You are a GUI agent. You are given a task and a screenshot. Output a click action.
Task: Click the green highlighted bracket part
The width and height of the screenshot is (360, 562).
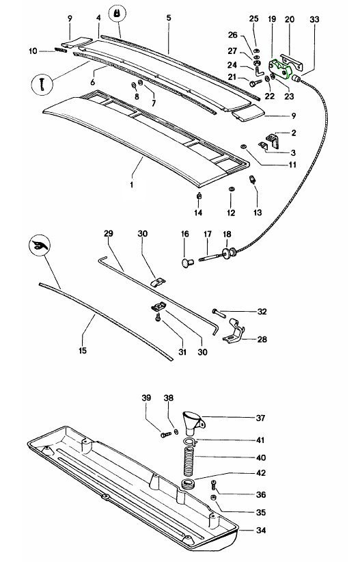tap(280, 68)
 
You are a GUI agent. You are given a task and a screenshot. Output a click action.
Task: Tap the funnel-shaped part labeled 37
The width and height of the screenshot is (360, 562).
tap(194, 423)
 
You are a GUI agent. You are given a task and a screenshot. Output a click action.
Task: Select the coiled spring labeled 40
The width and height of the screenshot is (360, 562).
tap(189, 461)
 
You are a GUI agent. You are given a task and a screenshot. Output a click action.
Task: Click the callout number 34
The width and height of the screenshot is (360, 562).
tap(261, 530)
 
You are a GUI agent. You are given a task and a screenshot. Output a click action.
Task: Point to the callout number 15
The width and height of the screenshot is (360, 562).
tap(83, 350)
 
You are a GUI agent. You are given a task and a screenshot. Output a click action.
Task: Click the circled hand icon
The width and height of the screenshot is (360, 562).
tap(40, 245)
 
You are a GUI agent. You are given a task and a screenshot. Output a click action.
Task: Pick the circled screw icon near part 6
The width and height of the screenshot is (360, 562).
tap(42, 85)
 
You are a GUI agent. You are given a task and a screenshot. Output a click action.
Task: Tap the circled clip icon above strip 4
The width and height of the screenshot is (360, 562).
tap(117, 14)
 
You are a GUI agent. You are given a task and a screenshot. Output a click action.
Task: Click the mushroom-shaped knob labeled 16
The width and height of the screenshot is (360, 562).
tap(187, 263)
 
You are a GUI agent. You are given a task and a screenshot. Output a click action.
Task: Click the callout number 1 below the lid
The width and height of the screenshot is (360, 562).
tap(131, 185)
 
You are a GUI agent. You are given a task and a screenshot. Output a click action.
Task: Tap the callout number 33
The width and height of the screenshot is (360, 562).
tap(314, 19)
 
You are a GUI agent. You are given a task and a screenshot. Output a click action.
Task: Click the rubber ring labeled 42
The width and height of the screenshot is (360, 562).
tap(188, 485)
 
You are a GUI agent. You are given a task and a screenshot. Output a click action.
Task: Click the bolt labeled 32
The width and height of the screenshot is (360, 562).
tap(219, 312)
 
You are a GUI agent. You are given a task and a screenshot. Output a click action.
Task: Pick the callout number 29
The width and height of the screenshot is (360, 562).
tap(108, 233)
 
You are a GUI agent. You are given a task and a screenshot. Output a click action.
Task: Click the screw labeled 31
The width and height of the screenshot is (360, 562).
tap(158, 318)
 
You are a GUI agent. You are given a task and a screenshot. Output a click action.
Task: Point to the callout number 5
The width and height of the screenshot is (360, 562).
tap(168, 18)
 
